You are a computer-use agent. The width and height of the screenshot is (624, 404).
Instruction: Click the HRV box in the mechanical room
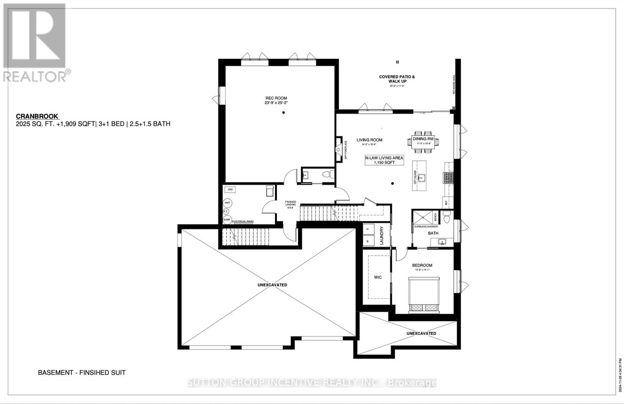tap(230, 189)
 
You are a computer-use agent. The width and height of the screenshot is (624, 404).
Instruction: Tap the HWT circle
tap(227, 203)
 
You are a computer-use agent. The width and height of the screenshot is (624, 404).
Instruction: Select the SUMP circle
tap(227, 220)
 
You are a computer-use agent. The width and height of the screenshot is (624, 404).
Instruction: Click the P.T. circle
tap(225, 212)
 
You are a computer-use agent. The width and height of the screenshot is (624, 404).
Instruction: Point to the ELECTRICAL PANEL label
tap(243, 221)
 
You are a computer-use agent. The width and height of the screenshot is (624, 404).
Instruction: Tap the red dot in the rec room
tap(284, 113)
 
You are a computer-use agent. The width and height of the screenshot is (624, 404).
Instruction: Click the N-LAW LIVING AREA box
tap(384, 160)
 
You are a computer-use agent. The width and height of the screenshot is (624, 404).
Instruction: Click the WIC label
tap(378, 277)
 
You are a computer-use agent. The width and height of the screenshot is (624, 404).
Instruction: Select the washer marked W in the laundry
tap(368, 242)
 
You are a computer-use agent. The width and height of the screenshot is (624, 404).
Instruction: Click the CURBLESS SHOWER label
tap(425, 226)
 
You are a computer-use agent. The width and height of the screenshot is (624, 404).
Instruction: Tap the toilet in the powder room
tap(331, 174)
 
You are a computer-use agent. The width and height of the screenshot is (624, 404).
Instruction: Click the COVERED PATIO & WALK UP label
tap(397, 79)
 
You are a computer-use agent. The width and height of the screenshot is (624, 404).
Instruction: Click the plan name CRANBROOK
tap(37, 116)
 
